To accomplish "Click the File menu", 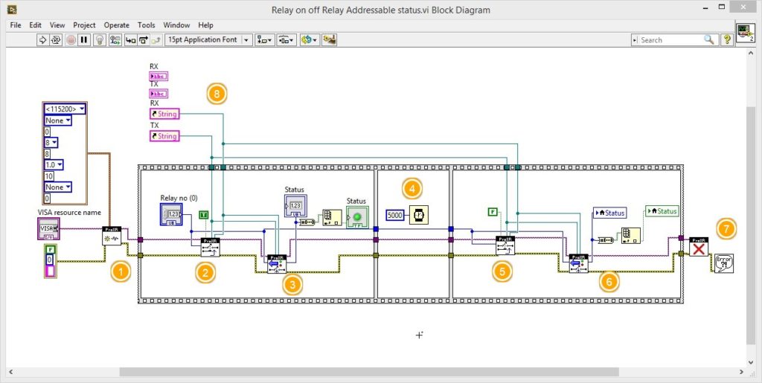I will tap(16, 25).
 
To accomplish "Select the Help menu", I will tap(205, 25).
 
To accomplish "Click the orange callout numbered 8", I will tap(217, 94).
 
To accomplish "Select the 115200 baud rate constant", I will tap(65, 109).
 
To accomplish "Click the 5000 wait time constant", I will tap(395, 215).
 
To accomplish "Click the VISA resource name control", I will tap(48, 228).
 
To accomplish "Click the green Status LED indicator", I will tap(356, 217).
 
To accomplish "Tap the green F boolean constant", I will tap(492, 212).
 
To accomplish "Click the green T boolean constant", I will tap(204, 215).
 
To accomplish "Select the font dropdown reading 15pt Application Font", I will tap(208, 40).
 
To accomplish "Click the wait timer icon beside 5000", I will tap(418, 215).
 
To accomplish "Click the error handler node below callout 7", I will tap(723, 263).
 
